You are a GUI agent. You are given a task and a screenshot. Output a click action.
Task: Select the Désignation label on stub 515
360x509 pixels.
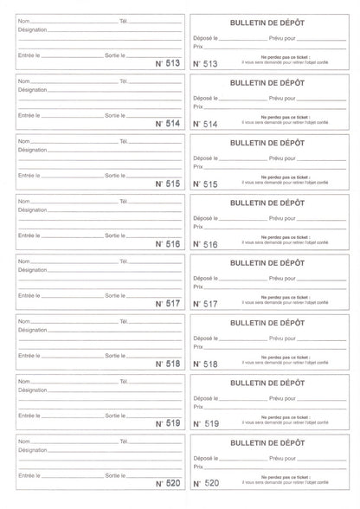[33, 149]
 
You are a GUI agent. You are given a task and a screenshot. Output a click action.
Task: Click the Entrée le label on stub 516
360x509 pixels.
[29, 235]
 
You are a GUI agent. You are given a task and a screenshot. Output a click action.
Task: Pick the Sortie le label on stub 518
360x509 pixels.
[115, 355]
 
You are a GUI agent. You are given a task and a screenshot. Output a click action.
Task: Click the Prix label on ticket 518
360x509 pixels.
[198, 346]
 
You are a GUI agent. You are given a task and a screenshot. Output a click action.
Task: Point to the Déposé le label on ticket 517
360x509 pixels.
[206, 279]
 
